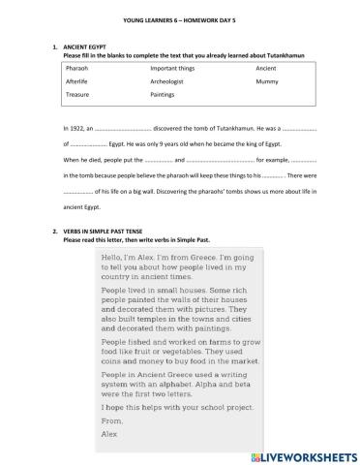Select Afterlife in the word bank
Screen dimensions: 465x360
tap(76, 83)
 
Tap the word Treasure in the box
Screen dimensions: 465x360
tap(77, 96)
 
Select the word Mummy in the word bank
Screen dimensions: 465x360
tap(265, 83)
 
